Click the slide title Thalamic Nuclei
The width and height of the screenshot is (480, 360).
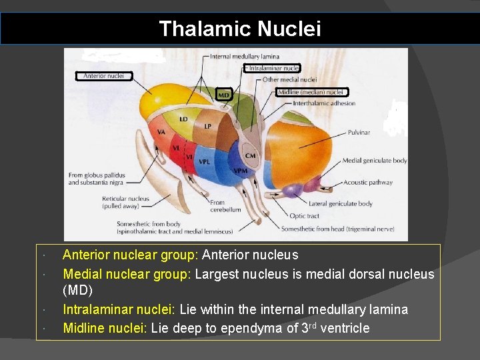pos(240,29)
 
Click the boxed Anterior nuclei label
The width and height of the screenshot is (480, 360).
pos(103,76)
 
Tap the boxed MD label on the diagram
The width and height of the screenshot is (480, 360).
pos(224,95)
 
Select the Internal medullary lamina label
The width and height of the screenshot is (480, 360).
pos(245,57)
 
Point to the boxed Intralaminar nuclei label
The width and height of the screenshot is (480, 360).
pos(272,68)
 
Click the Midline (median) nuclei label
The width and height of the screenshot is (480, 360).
pos(311,92)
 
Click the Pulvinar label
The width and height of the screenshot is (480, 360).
pos(359,133)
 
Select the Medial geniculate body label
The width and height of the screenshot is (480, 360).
pos(374,161)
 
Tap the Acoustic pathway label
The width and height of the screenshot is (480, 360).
pos(368,182)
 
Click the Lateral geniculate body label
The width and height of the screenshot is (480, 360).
pos(340,203)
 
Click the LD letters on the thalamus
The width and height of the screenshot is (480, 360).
pos(183,119)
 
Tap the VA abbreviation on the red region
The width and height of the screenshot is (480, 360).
pos(161,132)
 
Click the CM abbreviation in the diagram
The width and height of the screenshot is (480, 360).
pos(250,156)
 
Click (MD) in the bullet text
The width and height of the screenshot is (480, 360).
pos(77,291)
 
